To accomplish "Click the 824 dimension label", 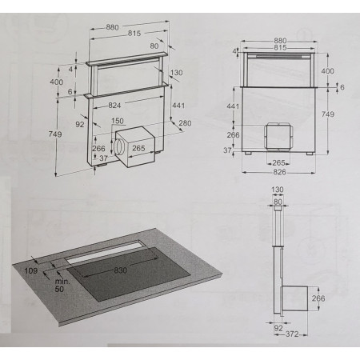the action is coord(114,106).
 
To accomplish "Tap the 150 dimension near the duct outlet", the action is coord(118,121).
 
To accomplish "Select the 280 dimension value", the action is coord(185,123).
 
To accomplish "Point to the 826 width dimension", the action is coord(279,172).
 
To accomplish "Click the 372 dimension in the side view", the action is coord(292,334).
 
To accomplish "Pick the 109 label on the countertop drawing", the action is coord(31,271).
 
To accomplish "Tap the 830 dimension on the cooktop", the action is coord(121,270).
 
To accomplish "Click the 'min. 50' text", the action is coord(62,285).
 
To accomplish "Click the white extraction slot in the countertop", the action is coord(104,251).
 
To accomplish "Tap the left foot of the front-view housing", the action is coord(248,154).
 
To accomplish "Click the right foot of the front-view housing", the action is coord(310,154).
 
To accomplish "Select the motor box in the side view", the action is coord(294,298).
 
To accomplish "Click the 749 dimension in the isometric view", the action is coord(55,134).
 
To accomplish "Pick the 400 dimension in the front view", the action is coord(327,71).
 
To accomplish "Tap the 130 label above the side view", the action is coord(278,190).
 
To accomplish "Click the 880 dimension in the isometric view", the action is coord(112,27).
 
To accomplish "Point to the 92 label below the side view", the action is coord(278,328).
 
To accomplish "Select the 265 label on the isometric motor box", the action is coord(138,148).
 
